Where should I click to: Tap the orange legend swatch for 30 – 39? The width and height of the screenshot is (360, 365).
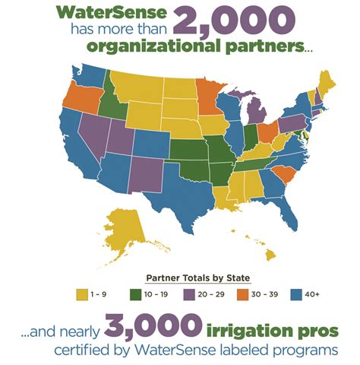click(242, 293)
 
